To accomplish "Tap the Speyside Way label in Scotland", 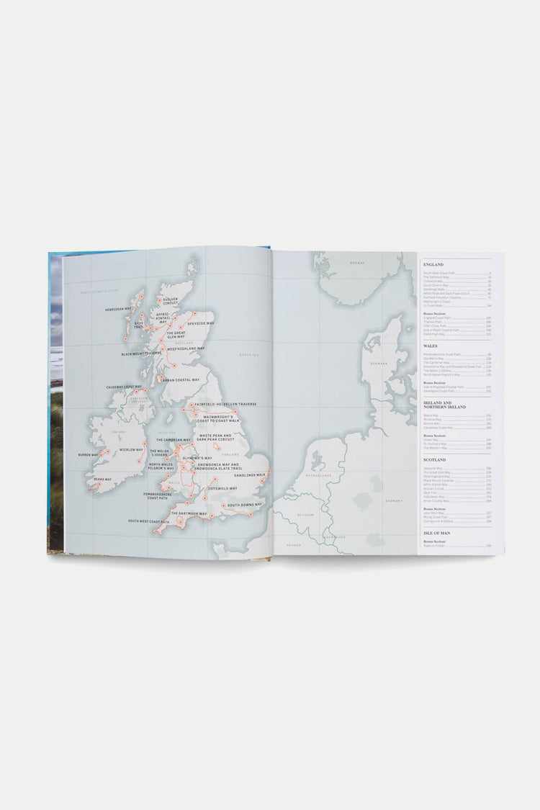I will click(201, 323).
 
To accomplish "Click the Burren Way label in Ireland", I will click(89, 455).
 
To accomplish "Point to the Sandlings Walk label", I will click(251, 475).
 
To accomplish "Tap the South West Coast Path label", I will click(149, 521).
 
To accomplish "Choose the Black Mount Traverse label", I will click(141, 354).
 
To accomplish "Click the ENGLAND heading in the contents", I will click(433, 265).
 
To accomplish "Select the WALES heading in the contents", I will click(430, 346).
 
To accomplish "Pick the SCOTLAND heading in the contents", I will click(435, 459).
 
